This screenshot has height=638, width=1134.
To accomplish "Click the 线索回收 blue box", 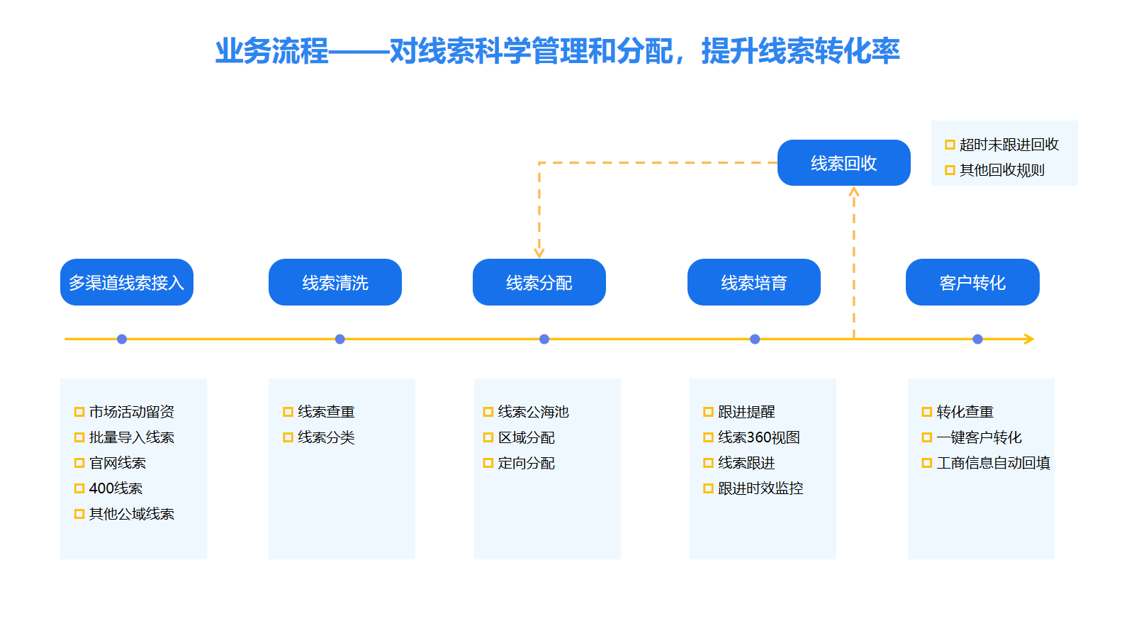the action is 844,162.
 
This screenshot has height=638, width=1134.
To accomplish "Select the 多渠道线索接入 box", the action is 127,282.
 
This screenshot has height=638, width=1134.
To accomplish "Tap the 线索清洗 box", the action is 335,282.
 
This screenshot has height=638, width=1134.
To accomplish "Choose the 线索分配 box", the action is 539,282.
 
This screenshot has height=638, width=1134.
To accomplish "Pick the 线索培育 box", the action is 754,282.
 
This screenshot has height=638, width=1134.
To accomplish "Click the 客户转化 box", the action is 972,282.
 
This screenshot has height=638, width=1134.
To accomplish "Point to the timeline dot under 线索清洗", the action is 340,340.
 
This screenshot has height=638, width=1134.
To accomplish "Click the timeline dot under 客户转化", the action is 977,340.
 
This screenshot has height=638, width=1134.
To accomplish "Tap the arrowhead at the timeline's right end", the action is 1029,340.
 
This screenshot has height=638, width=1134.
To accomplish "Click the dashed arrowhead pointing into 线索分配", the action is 539,253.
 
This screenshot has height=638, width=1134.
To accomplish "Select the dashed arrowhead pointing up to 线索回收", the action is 854,191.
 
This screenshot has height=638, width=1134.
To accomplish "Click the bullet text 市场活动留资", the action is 132,412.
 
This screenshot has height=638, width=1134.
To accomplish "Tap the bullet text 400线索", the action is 116,488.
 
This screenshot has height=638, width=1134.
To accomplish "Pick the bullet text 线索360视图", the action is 759,437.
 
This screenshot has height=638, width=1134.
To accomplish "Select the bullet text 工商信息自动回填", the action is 993,463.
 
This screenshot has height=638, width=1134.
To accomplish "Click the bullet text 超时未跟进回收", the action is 1009,145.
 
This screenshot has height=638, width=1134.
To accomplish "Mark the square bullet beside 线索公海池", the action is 488,412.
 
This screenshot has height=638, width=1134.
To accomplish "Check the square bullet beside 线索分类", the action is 288,437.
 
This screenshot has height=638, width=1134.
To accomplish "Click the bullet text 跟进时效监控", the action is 760,488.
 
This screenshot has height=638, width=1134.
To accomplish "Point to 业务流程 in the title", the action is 272,51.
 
